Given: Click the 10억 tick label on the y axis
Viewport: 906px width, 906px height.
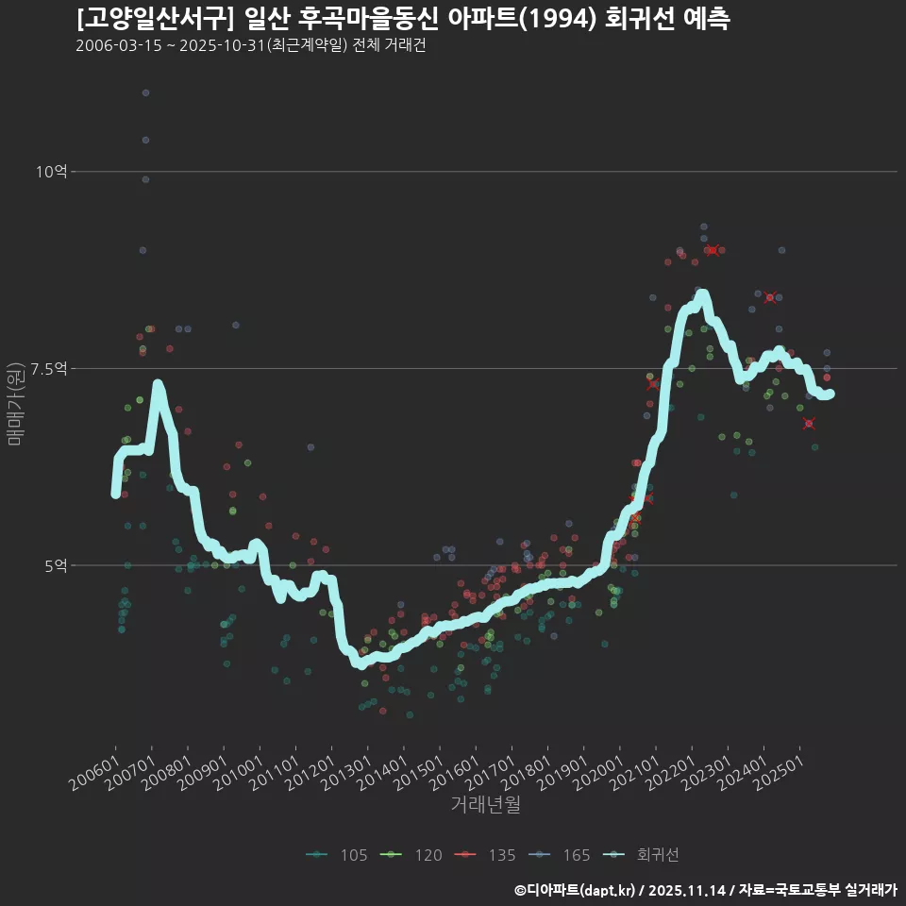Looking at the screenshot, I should point(52,171).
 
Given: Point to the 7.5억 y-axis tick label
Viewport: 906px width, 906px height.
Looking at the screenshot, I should point(49,368).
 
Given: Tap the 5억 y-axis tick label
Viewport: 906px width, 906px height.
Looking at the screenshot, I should point(56,565).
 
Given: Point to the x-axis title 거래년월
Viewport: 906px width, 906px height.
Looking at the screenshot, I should point(485,804).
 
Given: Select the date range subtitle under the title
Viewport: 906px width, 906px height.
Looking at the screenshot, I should point(250,45).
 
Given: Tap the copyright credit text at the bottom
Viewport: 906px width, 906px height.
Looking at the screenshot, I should point(705,889).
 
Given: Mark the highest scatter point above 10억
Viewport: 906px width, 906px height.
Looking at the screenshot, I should point(145,92).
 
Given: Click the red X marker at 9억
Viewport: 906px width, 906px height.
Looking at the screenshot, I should point(714,250).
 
